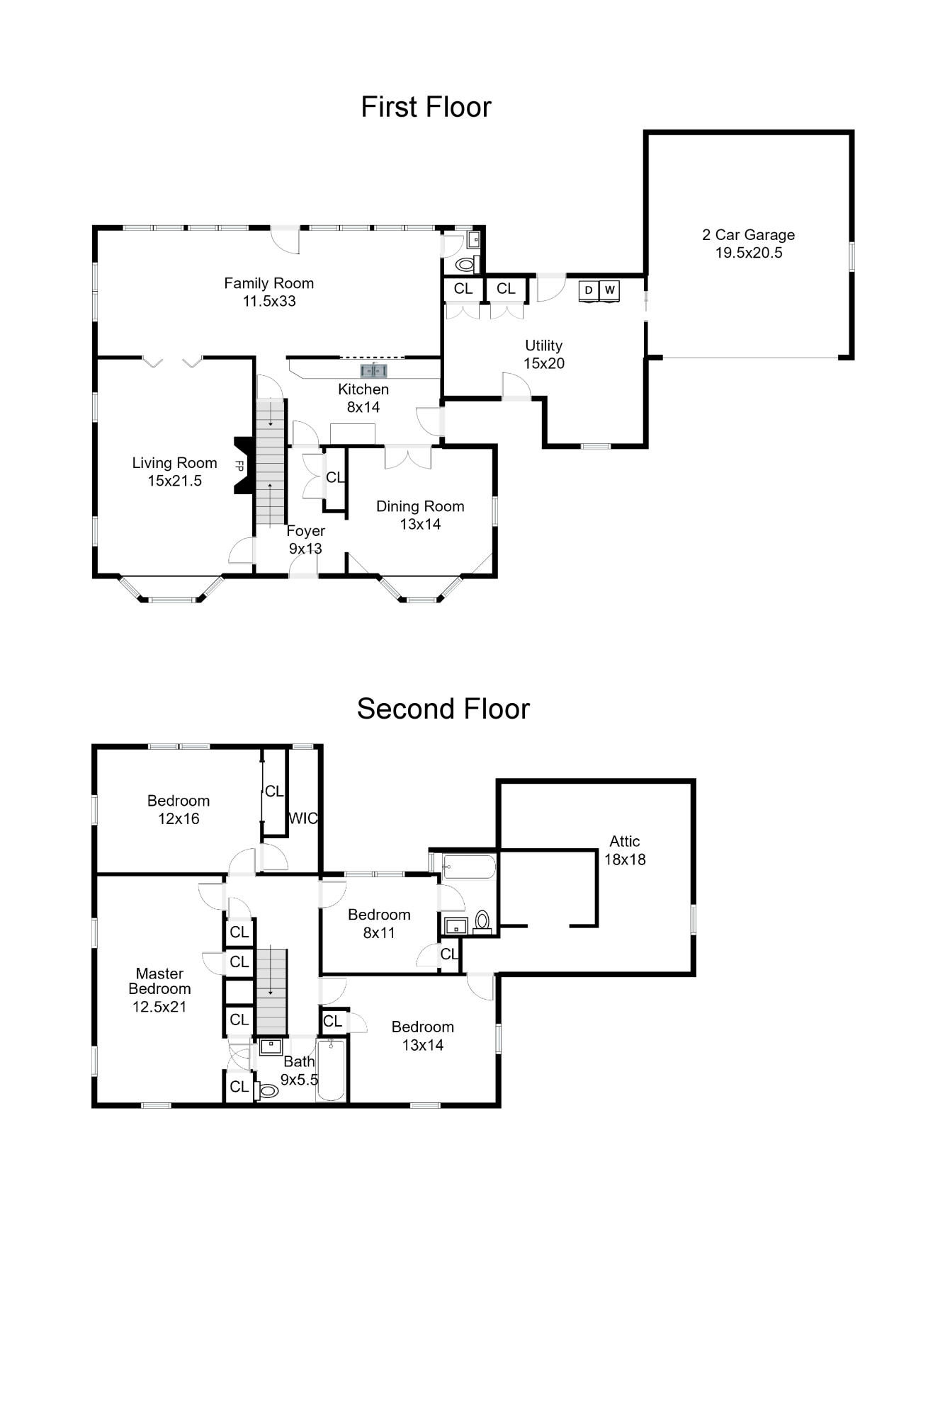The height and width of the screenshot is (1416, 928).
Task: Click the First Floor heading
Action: tap(426, 107)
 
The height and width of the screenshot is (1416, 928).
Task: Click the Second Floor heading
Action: tap(443, 709)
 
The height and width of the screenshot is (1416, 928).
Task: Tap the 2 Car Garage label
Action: tap(748, 235)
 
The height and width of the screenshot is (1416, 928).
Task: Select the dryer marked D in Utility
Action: tap(589, 290)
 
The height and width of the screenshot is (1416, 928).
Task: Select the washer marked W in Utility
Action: tap(609, 290)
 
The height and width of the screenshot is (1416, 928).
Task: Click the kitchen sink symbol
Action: tap(373, 370)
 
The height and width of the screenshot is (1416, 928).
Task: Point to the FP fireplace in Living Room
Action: tap(241, 466)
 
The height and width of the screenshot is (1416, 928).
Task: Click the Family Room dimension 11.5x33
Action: tap(269, 301)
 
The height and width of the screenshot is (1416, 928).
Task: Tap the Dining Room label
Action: tap(420, 506)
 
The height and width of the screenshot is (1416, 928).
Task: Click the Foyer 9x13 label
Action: tap(305, 539)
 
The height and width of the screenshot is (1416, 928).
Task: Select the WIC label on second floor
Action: tap(302, 818)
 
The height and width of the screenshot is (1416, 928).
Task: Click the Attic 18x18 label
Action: tap(624, 850)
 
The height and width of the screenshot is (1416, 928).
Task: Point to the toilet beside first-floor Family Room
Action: tap(465, 265)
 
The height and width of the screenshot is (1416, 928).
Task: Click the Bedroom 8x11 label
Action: tap(379, 923)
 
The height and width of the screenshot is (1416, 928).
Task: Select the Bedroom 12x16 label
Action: tap(179, 809)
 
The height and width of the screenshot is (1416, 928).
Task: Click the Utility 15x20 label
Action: tap(543, 354)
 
